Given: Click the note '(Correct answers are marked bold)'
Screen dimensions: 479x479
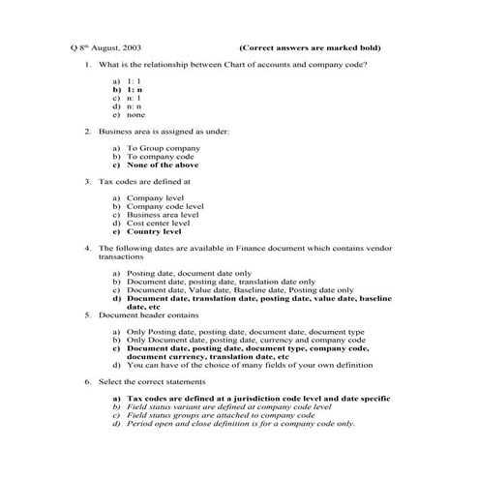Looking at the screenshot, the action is point(309,47).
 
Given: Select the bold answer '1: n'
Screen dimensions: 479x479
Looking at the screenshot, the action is point(134,90).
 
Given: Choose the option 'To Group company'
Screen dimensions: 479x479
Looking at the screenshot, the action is point(164,148).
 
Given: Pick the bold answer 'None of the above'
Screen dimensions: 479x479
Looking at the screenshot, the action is point(169,165).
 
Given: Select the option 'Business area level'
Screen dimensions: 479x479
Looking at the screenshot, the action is point(165,215).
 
